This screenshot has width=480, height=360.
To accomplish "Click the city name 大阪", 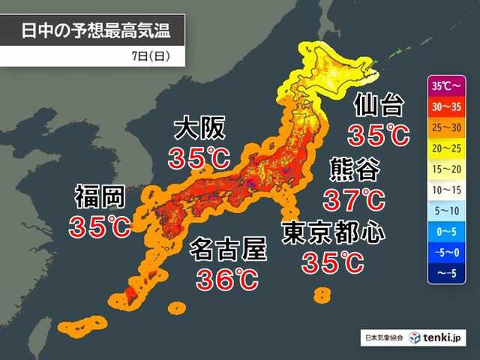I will coord(199,129).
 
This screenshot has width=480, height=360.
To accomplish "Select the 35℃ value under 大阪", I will coord(199,159).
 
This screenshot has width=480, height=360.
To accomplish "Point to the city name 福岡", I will coord(99,196).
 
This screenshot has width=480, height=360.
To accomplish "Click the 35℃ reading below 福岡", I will coord(100,226).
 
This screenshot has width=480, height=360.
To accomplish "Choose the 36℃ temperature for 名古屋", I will coord(227,279).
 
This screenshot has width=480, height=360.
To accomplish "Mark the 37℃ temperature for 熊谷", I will coord(354,199).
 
